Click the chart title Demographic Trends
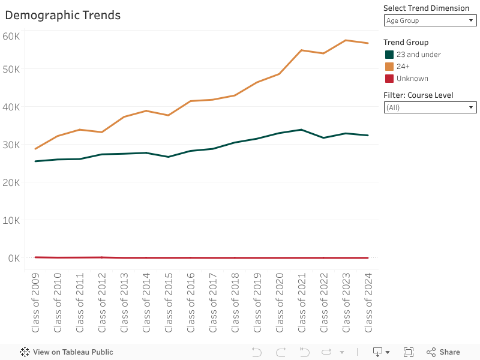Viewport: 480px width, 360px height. [62, 16]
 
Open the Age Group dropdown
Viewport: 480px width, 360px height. [430, 20]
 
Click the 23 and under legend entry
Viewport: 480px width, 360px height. [418, 55]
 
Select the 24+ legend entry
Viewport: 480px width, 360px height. [403, 67]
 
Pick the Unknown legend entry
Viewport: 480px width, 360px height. [412, 79]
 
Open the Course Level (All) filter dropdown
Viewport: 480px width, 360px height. [430, 107]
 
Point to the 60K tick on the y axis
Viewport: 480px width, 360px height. [11, 36]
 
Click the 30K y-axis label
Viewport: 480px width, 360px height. [11, 145]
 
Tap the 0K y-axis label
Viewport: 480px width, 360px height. [13, 258]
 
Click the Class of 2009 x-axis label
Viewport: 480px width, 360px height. [35, 303]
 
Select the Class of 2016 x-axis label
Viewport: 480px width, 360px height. [190, 303]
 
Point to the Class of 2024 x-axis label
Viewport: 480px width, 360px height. [368, 303]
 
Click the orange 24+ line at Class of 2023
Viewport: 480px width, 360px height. [346, 40]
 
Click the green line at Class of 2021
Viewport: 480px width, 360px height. [301, 130]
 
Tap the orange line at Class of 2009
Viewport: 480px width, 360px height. [35, 149]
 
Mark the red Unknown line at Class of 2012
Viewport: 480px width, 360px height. [102, 257]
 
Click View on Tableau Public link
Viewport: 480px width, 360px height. [67, 352]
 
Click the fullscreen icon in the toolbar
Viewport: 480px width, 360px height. [409, 352]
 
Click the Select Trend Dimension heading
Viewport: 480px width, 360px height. [426, 8]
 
